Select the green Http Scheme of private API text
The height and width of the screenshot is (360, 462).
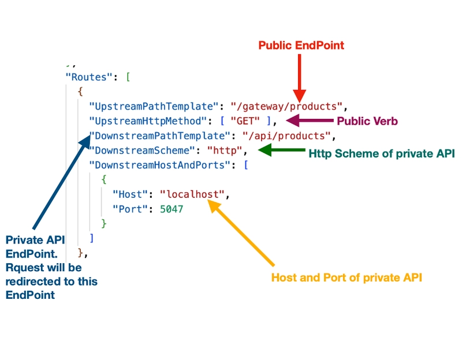(x=382, y=153)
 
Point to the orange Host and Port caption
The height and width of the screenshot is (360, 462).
(x=346, y=277)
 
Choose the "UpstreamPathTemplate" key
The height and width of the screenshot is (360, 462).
(x=153, y=106)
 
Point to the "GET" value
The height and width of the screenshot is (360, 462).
(x=244, y=121)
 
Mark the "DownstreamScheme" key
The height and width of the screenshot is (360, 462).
(x=137, y=151)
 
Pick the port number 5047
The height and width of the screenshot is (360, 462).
(x=171, y=209)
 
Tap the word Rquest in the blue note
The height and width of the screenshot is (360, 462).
(x=26, y=268)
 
